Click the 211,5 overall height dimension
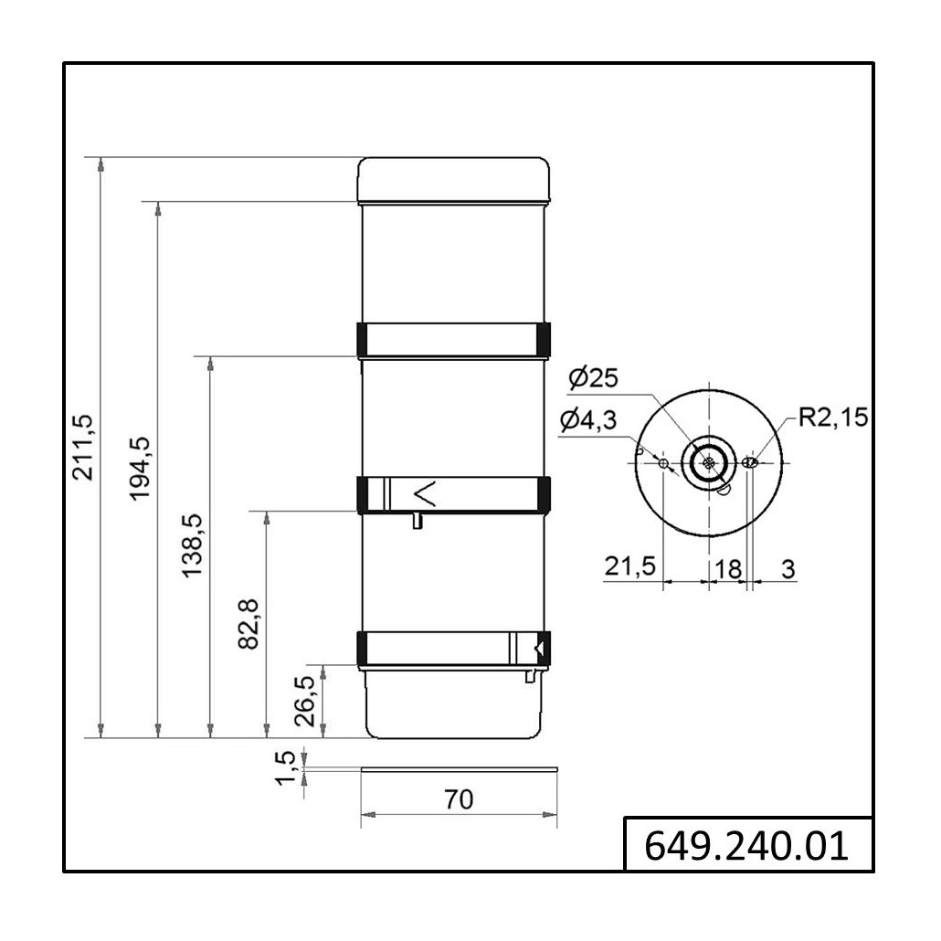[x=83, y=447]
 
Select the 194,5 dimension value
[x=141, y=469]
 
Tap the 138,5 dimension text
[x=193, y=545]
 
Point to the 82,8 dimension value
[x=248, y=624]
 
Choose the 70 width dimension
[x=459, y=799]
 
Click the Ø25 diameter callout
[x=593, y=378]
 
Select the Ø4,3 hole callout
[x=588, y=420]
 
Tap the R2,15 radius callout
[x=833, y=418]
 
